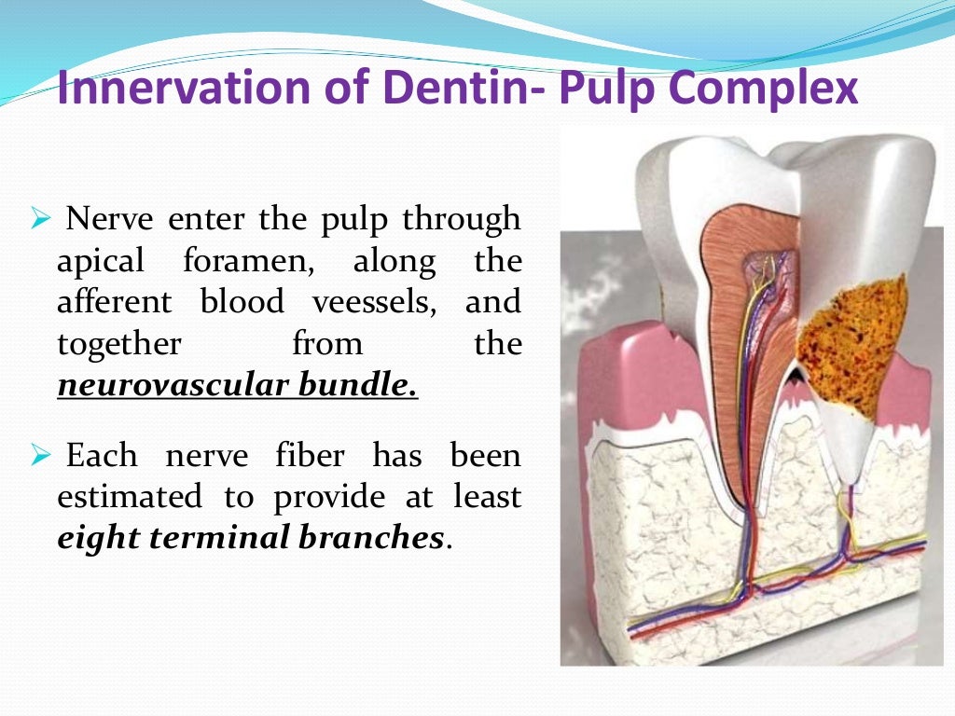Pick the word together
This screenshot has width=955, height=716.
pyautogui.click(x=119, y=344)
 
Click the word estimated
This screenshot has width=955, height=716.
pyautogui.click(x=129, y=497)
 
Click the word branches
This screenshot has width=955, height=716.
pyautogui.click(x=370, y=538)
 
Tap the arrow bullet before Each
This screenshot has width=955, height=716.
pyautogui.click(x=39, y=456)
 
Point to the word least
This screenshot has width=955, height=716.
pyautogui.click(x=487, y=497)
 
